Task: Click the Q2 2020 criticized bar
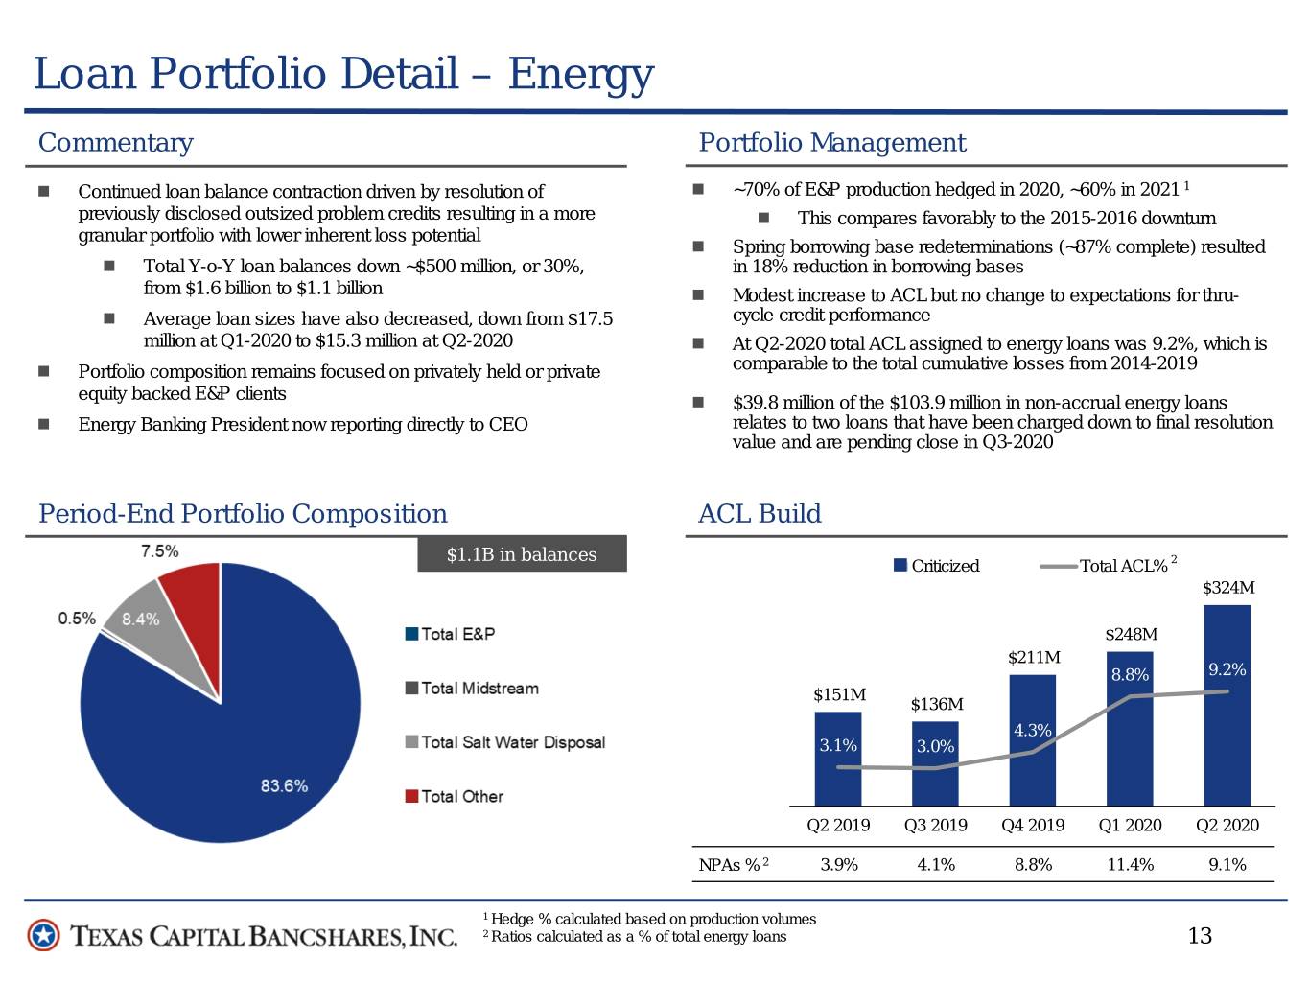[1227, 706]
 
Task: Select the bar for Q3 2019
[934, 763]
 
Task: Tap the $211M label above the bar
[1034, 657]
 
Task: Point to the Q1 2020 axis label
[1130, 825]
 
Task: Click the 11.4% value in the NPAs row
[1130, 864]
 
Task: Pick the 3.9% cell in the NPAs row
[838, 864]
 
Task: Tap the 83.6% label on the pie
[284, 785]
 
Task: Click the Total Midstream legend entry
[472, 688]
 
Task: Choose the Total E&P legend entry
[450, 634]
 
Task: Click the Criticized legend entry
[936, 565]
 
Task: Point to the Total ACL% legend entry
[1108, 565]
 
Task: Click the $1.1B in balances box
[522, 554]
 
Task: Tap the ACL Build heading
[760, 513]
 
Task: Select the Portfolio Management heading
[832, 143]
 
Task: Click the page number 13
[1200, 936]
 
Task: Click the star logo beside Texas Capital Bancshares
[43, 936]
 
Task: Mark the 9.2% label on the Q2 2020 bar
[1227, 669]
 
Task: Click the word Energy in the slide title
[580, 75]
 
